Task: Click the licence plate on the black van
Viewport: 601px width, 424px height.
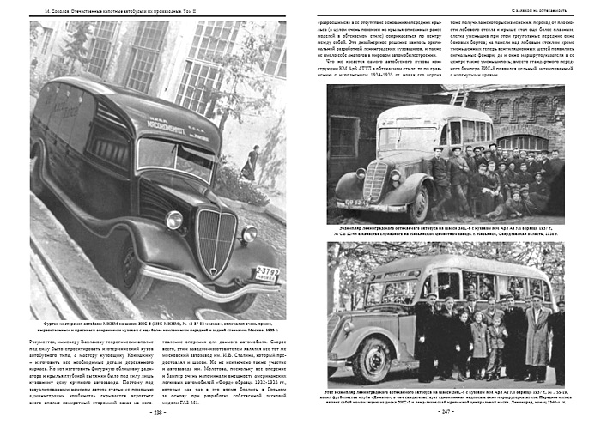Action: (267, 273)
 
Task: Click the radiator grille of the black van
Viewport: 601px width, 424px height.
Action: (214, 241)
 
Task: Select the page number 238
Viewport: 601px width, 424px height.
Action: (157, 412)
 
